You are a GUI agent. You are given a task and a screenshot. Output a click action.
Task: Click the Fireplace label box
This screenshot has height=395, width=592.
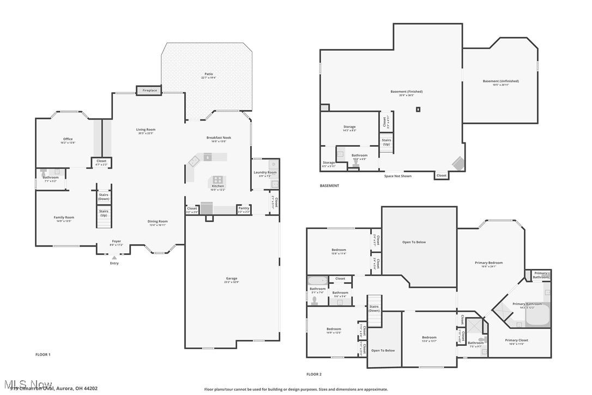point(150,90)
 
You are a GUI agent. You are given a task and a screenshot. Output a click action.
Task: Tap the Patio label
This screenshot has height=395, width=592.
point(209,74)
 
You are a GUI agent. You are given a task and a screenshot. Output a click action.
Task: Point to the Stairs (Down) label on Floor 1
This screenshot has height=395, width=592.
point(104,197)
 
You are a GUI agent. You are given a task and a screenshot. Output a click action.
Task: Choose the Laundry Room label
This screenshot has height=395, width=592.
point(265,173)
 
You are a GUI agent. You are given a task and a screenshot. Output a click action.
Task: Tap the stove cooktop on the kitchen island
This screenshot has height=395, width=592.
point(218,179)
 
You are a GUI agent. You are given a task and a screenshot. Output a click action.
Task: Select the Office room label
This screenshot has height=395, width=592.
point(68,139)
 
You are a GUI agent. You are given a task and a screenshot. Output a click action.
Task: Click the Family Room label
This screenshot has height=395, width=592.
point(64,218)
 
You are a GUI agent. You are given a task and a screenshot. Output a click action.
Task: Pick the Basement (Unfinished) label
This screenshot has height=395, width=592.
point(500,81)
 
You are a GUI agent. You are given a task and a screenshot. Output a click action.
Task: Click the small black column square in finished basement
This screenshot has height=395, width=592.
point(418,109)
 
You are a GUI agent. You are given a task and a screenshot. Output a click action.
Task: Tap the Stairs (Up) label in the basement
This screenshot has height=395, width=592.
point(386,142)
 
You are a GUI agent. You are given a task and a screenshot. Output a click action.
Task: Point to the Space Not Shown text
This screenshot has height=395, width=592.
point(398,176)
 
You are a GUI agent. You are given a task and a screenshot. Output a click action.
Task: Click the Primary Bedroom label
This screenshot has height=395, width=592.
point(488,263)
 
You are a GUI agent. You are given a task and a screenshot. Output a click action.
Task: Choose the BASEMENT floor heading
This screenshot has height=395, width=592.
point(329,185)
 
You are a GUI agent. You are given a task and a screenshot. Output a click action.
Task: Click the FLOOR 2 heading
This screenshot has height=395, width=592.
point(314,374)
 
